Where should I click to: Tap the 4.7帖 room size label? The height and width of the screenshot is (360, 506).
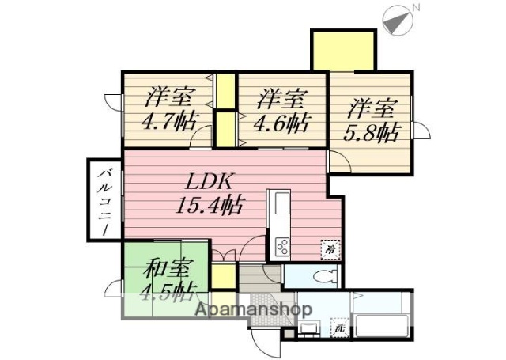tap(168, 123)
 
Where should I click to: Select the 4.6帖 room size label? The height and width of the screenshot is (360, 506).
tap(281, 123)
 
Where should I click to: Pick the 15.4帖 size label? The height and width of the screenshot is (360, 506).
tap(208, 206)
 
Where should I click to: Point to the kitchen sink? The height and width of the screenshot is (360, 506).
tap(281, 207)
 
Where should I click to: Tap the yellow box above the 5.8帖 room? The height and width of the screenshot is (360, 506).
tap(342, 50)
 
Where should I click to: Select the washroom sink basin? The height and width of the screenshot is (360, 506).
tap(310, 329)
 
